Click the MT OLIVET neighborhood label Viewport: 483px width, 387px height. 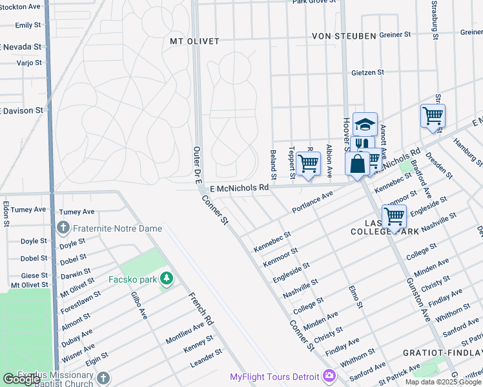pos(194,41)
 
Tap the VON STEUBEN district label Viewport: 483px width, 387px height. pos(344,36)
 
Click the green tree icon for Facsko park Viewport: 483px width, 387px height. pos(167,279)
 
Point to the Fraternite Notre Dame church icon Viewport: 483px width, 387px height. pos(63,227)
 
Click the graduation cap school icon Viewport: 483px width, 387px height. pos(365,124)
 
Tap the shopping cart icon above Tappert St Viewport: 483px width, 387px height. pos(309,164)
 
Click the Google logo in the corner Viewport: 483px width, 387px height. pos(21,379)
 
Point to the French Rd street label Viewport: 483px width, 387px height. pos(201,308)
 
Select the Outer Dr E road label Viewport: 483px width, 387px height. pos(198,166)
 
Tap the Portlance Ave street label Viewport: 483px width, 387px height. pos(313,202)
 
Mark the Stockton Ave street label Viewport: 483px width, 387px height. pos(22,6)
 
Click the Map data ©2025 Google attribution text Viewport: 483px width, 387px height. pos(443,382)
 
